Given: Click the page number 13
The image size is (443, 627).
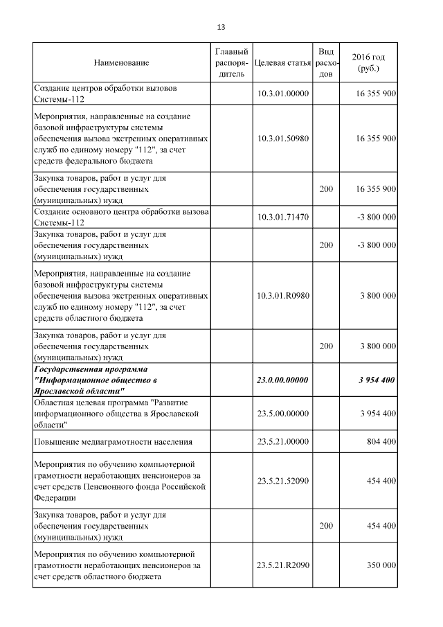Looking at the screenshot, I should [221, 28].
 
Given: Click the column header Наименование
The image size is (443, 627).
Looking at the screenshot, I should [122, 63].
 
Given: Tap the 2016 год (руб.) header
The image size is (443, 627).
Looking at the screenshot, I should [368, 62].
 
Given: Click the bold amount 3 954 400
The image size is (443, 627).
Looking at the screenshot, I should [377, 380].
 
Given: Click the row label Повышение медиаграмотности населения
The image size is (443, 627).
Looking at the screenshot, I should [113, 441].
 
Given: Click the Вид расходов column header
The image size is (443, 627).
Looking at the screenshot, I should [325, 62].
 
